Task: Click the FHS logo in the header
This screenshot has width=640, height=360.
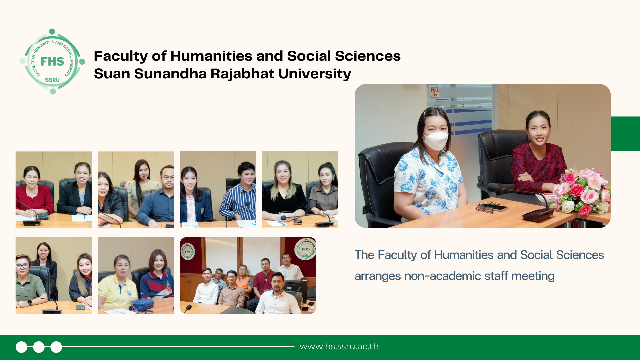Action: (x=52, y=61)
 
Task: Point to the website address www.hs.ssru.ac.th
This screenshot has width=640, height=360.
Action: (x=339, y=346)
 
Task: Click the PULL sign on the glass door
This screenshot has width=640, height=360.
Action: (x=435, y=92)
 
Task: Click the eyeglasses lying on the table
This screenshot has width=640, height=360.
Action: (x=484, y=208)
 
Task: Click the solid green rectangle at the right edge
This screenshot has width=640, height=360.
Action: (x=625, y=133)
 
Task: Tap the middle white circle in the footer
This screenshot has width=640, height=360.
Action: (x=39, y=347)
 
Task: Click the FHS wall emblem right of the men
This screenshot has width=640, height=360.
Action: (x=305, y=249)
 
